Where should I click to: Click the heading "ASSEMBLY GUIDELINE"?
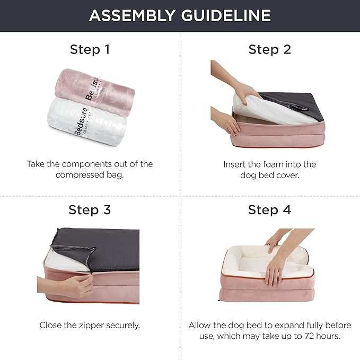coord(180,15)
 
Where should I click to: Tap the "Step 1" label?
coord(90,50)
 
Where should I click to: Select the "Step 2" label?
coord(269,50)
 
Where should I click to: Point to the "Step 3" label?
coord(90,209)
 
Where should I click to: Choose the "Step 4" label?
coord(269,209)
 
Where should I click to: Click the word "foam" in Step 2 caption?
coord(285,164)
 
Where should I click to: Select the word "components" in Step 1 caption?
coord(100,164)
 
